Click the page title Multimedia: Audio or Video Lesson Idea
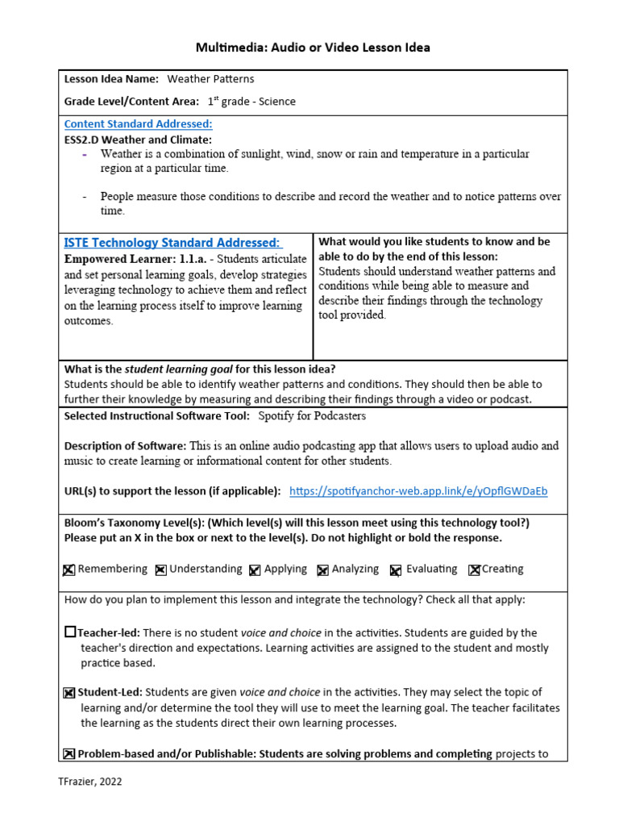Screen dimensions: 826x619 click(313, 48)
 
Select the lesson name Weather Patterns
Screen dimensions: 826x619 click(210, 79)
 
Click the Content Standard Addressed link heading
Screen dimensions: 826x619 click(138, 124)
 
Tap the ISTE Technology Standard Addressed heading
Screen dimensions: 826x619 click(172, 243)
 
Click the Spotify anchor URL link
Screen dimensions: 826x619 click(418, 491)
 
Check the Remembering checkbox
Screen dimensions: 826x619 click(69, 569)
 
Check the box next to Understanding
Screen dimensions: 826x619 click(160, 569)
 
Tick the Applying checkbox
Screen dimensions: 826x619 click(255, 569)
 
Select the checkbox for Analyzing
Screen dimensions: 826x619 click(322, 569)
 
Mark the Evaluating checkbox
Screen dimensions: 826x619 click(396, 569)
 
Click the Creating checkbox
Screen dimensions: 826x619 click(474, 569)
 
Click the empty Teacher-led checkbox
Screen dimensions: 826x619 click(70, 632)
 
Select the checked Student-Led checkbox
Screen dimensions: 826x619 click(69, 692)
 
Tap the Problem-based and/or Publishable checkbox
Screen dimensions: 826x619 click(69, 754)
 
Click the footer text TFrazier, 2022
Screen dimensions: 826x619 click(90, 781)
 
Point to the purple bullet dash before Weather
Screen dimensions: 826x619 click(85, 154)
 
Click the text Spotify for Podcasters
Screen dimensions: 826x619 click(312, 416)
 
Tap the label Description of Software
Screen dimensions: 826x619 click(125, 446)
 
